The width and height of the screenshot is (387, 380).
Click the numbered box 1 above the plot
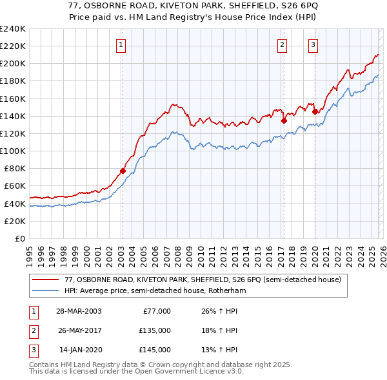pyautogui.click(x=121, y=44)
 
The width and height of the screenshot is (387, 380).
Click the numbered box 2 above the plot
pyautogui.click(x=283, y=44)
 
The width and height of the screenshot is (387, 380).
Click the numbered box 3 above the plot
pyautogui.click(x=313, y=44)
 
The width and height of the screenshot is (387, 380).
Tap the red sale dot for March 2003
pyautogui.click(x=123, y=171)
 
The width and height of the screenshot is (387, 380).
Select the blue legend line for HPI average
pyautogui.click(x=46, y=291)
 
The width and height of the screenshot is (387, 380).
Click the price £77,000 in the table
pyautogui.click(x=155, y=311)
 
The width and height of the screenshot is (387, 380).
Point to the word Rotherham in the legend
pyautogui.click(x=228, y=291)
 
